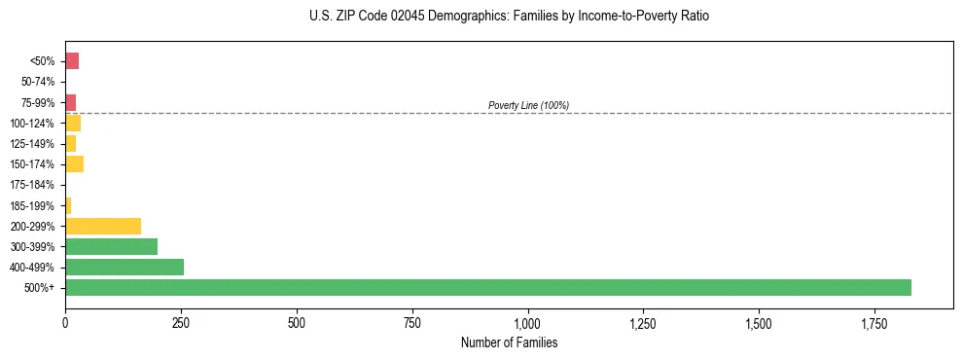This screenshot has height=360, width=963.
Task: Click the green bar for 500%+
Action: (487, 287)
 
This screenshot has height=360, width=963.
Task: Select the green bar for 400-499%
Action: (125, 267)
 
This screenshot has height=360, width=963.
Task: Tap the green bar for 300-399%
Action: (111, 246)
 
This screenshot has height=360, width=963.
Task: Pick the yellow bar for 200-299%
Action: (103, 226)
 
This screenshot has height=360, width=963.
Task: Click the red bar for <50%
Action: (72, 61)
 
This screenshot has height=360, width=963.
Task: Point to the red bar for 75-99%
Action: (70, 102)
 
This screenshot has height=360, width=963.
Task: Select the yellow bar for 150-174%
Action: (74, 163)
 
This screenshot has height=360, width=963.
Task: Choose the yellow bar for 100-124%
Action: (73, 123)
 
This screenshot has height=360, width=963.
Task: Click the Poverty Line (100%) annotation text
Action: (528, 105)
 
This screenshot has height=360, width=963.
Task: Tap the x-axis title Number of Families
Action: (509, 342)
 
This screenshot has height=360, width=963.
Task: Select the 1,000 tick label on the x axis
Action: (527, 322)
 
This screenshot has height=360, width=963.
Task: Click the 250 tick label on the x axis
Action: (181, 322)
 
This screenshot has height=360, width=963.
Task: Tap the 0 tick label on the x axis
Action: (65, 322)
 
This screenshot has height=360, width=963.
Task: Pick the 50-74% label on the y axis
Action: (39, 82)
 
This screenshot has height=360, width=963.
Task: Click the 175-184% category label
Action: (34, 185)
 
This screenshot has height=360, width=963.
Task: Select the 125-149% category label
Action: (34, 144)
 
